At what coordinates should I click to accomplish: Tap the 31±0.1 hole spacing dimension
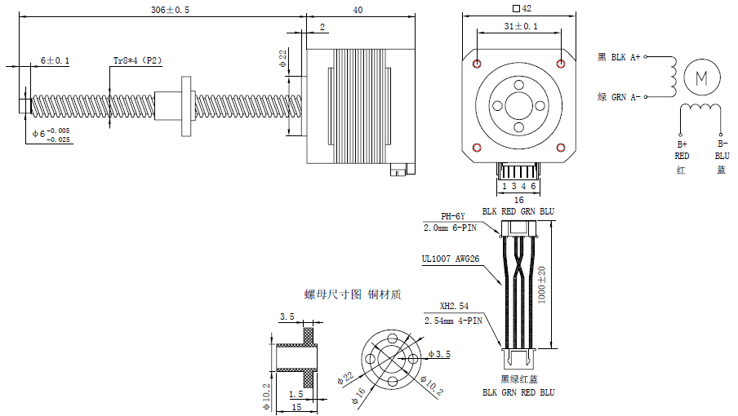pyautogui.click(x=519, y=27)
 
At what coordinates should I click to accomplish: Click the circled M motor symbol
pyautogui.click(x=700, y=77)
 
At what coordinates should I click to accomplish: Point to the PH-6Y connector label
pyautogui.click(x=453, y=216)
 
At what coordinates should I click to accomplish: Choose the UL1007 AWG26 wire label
pyautogui.click(x=450, y=259)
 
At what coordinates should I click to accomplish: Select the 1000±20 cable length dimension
pyautogui.click(x=542, y=285)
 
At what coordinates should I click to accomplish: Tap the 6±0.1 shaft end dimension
pyautogui.click(x=56, y=60)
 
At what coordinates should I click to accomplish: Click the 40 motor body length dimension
pyautogui.click(x=358, y=10)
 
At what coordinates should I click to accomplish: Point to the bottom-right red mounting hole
pyautogui.click(x=561, y=147)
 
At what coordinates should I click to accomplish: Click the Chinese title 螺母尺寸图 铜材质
pyautogui.click(x=352, y=294)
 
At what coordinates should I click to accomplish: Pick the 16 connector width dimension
pyautogui.click(x=518, y=199)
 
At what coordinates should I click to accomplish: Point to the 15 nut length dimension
pyautogui.click(x=296, y=406)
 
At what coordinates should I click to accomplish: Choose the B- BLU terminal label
pyautogui.click(x=722, y=148)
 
